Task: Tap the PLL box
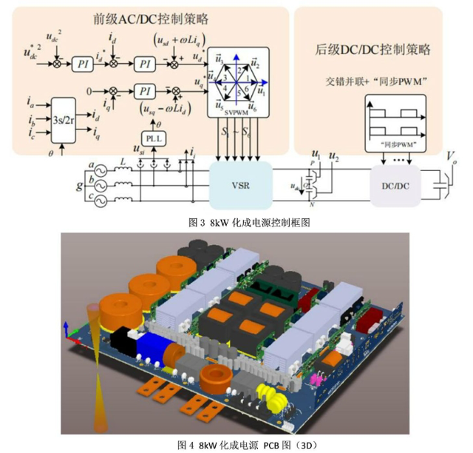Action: [x=152, y=138]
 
